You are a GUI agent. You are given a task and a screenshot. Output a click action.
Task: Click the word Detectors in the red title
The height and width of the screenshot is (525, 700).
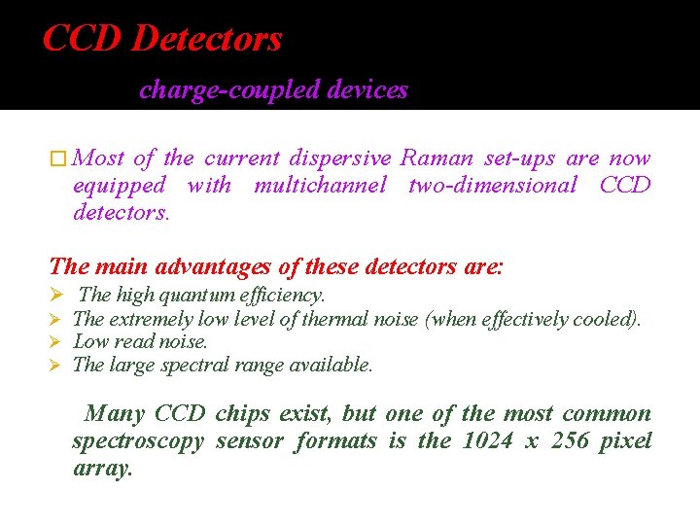click(x=206, y=39)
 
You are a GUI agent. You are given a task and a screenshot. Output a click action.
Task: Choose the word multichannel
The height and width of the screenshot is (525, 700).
click(x=320, y=185)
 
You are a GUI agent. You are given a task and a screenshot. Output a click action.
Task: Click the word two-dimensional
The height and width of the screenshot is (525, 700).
click(x=493, y=185)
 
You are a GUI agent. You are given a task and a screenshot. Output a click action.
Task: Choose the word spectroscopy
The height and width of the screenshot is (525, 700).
click(x=138, y=441)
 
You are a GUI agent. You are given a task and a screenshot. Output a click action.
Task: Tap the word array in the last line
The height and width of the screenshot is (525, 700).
click(x=102, y=469)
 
